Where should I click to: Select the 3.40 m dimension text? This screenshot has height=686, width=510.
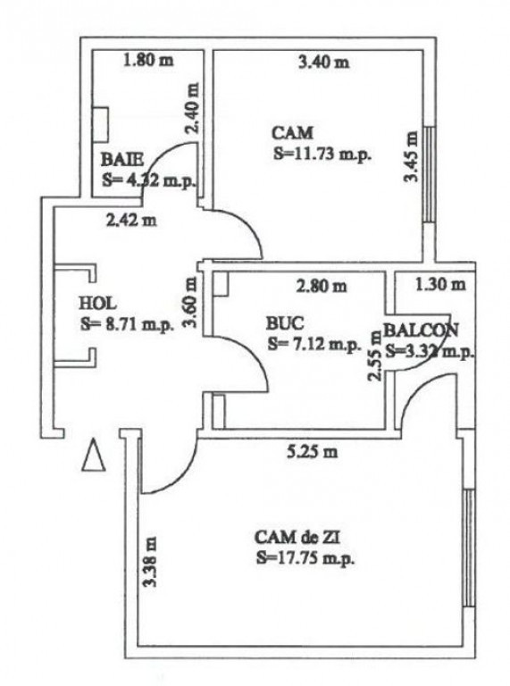point(322,62)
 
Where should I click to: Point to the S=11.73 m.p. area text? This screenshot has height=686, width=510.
point(322,153)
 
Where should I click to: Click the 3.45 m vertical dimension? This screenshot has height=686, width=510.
point(411,157)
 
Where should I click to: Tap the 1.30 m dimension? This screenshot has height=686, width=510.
point(440,286)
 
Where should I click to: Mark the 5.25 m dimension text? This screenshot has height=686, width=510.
point(314,451)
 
